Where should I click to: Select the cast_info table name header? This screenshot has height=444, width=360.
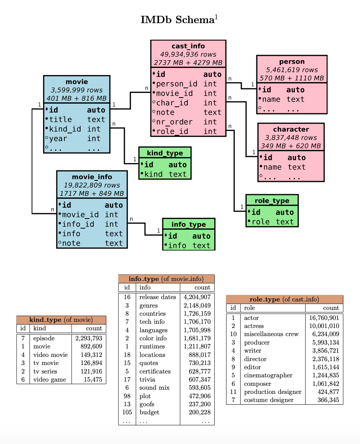point(188,46)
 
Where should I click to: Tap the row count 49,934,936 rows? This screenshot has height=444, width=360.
point(188,54)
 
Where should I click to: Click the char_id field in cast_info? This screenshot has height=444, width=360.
point(172,103)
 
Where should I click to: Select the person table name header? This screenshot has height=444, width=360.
point(292,62)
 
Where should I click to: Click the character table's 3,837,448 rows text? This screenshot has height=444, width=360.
point(291,138)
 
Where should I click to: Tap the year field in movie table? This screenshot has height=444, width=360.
point(62,138)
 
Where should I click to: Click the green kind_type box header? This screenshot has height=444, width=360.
point(165,153)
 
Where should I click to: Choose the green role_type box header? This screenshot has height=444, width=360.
point(272,201)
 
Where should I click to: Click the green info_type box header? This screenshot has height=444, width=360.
point(188,224)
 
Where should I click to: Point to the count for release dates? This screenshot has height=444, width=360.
point(197,297)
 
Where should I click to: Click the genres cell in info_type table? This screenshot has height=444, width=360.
point(148,306)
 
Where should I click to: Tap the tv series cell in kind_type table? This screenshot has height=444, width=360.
point(45,372)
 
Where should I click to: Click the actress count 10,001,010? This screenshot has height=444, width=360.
point(324,326)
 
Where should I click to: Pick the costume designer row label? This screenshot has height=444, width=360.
point(269,400)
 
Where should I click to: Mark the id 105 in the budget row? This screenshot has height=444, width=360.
point(127,412)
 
